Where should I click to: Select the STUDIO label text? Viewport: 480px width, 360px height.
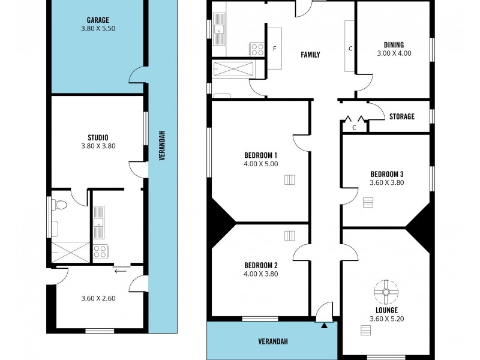[x=98, y=137]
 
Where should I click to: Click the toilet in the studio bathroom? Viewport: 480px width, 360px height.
[x=59, y=205]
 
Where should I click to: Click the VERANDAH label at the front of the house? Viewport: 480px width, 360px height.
[x=273, y=341]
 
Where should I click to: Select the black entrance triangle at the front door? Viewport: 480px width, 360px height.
[x=325, y=325]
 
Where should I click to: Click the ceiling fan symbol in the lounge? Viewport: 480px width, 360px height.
[x=386, y=293]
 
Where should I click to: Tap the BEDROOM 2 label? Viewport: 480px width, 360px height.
[x=260, y=265]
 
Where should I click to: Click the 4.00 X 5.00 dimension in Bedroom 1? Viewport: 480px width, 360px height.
[x=260, y=163]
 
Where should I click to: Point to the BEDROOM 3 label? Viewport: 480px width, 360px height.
[x=386, y=175]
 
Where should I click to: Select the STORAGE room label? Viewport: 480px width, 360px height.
[x=401, y=116]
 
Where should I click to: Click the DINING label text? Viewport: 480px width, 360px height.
[x=394, y=44]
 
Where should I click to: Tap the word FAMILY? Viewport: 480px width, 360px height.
[x=310, y=55]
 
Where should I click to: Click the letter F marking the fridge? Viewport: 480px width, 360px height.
[x=275, y=48]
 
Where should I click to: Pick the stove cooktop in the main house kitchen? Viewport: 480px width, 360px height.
[x=257, y=49]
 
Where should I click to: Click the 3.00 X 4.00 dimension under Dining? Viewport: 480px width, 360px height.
[x=394, y=53]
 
